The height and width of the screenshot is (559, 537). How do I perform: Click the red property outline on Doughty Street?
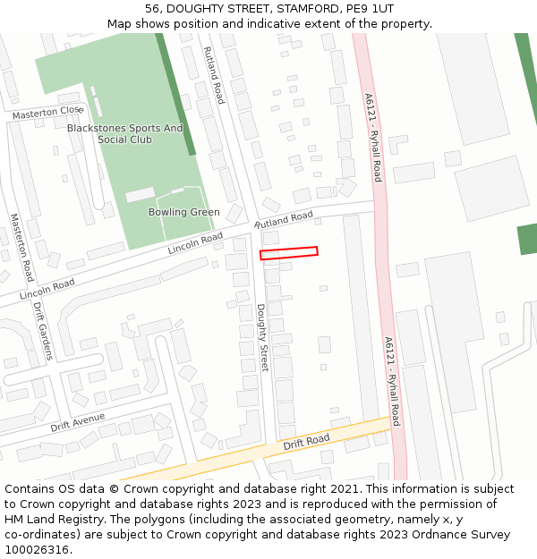point(288,253)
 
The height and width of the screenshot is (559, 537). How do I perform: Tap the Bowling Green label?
point(184,212)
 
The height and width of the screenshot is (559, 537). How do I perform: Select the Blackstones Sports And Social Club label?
point(124,134)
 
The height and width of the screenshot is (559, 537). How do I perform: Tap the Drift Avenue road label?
point(78,420)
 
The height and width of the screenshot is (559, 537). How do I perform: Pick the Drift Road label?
point(306,441)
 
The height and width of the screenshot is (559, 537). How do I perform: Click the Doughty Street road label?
point(263,338)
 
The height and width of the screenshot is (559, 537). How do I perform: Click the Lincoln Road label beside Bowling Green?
point(195,242)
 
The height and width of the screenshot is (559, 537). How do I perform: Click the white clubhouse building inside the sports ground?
point(140,195)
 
